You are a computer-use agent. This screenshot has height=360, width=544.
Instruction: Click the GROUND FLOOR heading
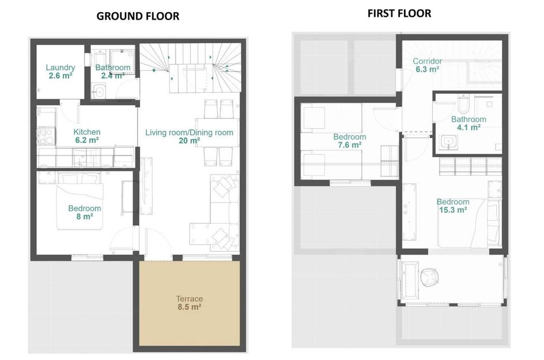pos(138,16)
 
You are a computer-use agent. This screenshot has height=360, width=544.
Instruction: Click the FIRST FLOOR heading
pos(399,13)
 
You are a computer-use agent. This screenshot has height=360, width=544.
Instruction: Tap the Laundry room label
pos(60,67)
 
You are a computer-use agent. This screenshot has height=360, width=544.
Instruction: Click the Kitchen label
pos(87,132)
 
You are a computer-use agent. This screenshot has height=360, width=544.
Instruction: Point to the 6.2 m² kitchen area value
pos(87,140)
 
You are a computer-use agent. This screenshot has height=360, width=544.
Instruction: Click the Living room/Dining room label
pos(189,132)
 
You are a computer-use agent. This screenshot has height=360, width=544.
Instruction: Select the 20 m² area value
pos(189,141)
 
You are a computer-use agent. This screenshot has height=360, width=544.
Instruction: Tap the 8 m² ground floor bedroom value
pos(85,217)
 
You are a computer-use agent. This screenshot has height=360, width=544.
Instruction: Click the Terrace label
pos(189,298)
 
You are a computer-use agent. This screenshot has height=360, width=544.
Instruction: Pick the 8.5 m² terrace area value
pos(189,307)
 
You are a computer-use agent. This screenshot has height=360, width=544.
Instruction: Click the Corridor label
pos(427,61)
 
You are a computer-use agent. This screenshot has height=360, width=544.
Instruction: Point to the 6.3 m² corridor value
pos(427,69)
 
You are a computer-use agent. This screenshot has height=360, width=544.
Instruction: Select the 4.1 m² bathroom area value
pos(469,128)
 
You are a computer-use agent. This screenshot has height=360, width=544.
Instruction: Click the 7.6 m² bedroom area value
pos(349,145)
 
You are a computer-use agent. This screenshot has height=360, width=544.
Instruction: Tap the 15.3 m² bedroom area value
pos(452,210)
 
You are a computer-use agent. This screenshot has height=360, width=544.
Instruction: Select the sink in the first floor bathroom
pos(446,142)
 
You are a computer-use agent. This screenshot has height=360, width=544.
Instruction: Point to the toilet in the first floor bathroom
pos(465,104)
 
